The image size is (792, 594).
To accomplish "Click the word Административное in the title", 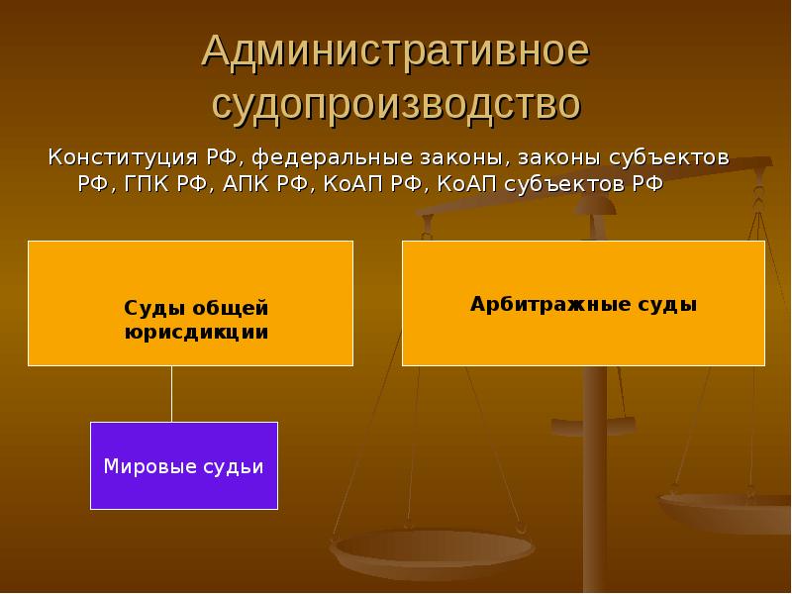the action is pos(395,51).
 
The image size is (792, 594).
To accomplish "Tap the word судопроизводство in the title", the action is pos(397,105).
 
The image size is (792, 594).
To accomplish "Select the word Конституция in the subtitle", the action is pos(123,157).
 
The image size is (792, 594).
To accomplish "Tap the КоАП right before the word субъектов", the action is pos(467,184).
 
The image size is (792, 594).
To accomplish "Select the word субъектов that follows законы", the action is pos(669,157).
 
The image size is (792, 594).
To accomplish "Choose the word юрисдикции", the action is pos(196,333).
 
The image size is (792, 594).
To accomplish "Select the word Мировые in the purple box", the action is pos(150,466).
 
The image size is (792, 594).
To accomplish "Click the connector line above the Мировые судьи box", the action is pos(171,394).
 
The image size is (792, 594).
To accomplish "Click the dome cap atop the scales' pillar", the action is pos(595,206).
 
